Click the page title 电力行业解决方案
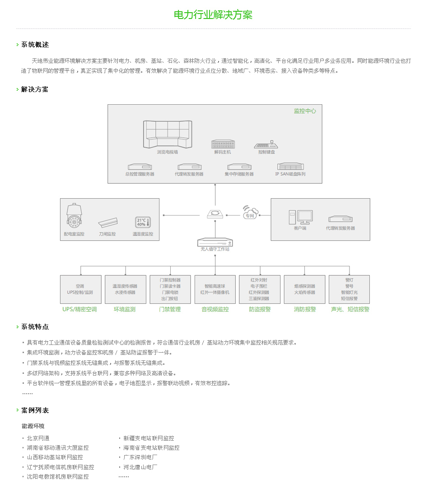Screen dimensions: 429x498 coord(213,14)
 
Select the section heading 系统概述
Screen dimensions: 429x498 coord(35,45)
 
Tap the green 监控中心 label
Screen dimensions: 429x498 coord(305,111)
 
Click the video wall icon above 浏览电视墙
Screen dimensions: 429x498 coord(168,135)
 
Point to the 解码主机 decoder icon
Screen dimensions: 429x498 coord(223,144)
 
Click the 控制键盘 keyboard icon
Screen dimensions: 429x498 coord(266,144)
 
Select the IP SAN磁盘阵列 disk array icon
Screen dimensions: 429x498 coord(290,167)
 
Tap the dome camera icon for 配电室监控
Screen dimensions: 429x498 coord(75,216)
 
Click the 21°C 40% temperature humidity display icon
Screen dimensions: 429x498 coord(143,222)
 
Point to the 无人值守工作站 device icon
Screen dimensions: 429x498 coord(215,242)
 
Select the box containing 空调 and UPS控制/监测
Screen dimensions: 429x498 coord(81,289)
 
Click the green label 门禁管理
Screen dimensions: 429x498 coord(170,309)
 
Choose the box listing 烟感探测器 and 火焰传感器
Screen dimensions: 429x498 coord(304,289)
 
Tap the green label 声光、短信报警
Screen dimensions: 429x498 coord(350,309)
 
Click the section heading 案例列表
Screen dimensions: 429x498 coord(35,410)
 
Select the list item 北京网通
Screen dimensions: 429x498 coord(38,438)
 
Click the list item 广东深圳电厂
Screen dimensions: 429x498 coord(140,457)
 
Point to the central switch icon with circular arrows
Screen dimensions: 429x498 coord(215,214)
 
